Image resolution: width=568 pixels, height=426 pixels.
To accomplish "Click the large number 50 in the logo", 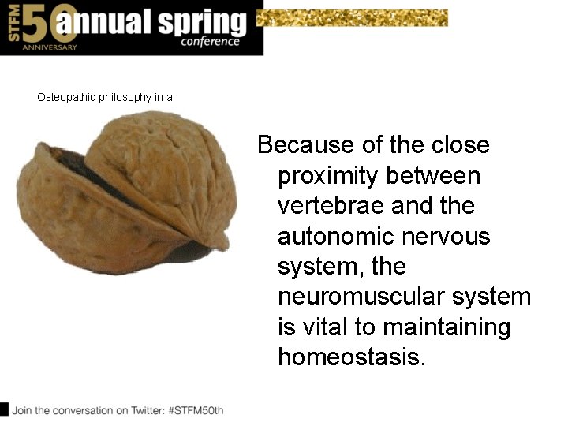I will point(37,24).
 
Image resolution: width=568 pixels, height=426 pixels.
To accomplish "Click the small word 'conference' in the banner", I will point(210,42).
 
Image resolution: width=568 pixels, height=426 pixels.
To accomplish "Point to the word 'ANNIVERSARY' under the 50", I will point(50,47).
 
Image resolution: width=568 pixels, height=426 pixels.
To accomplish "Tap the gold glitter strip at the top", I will point(353,17).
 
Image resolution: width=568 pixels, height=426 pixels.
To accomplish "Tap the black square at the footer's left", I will point(4,409).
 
